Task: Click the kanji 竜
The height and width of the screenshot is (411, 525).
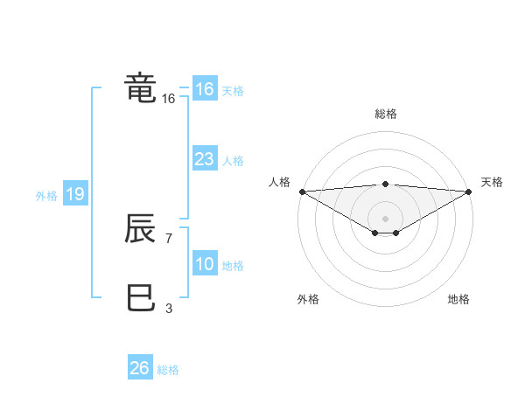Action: (x=141, y=88)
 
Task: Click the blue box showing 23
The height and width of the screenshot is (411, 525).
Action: (x=204, y=159)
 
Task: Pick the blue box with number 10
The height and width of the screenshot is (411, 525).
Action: (x=204, y=264)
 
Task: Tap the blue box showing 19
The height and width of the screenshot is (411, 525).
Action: (x=74, y=194)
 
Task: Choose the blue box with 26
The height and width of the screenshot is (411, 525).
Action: (x=139, y=368)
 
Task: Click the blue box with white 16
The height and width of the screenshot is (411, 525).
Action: (x=204, y=89)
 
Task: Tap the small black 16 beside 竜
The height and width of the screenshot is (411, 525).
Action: (x=168, y=99)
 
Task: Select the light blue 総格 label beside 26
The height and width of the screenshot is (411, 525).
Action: (x=168, y=370)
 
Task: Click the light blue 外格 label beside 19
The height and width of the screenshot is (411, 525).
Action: (x=46, y=196)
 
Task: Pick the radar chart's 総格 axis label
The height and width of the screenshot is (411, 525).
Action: (x=385, y=114)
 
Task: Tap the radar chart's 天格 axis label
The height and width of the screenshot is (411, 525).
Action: (x=493, y=182)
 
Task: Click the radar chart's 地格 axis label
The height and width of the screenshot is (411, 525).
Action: (x=458, y=299)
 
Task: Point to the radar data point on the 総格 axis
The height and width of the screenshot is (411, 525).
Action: (x=385, y=184)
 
